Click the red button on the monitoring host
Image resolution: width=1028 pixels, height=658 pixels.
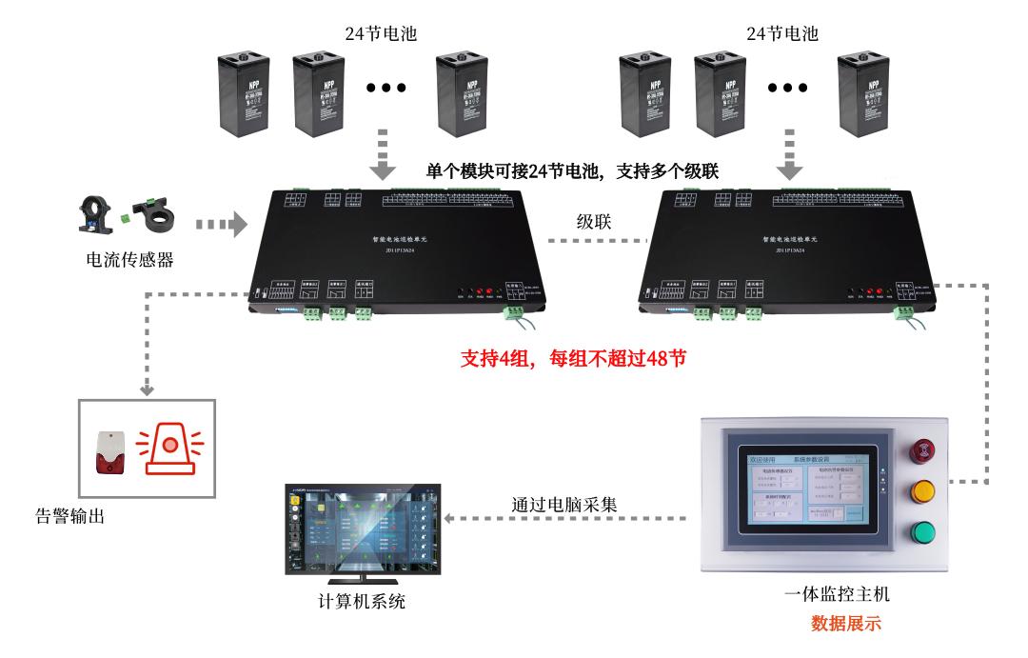click(922, 451)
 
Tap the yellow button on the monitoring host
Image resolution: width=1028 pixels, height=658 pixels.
click(922, 491)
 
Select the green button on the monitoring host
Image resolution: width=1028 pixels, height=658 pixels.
click(922, 532)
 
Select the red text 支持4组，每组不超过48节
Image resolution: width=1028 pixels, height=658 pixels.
click(573, 360)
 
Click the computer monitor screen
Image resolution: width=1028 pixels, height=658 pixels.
click(364, 528)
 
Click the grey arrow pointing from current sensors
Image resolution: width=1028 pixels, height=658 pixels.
click(220, 226)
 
